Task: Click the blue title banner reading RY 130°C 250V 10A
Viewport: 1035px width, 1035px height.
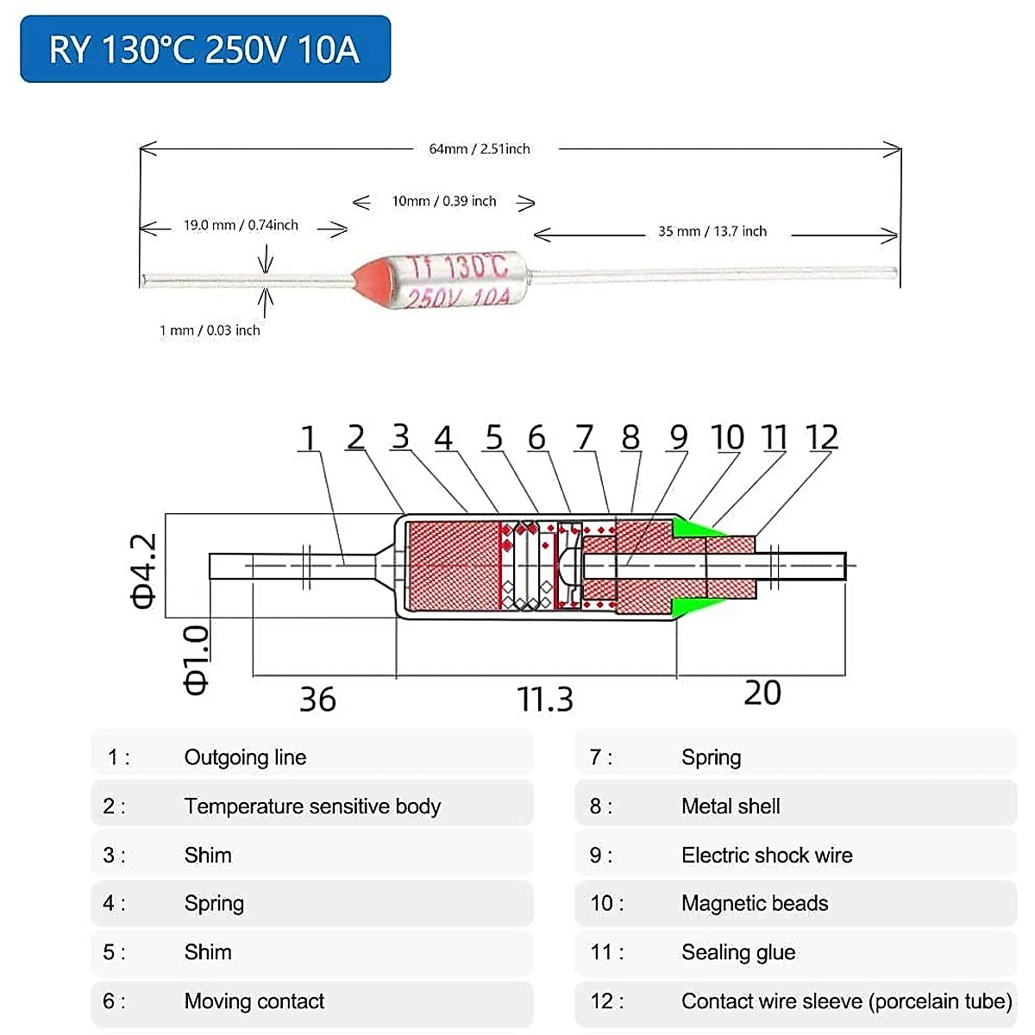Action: click(205, 49)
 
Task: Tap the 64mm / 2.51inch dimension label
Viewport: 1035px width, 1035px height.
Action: click(480, 149)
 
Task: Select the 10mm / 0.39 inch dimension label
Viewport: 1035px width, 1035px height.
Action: click(444, 202)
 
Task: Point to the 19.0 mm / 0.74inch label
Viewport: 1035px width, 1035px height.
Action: click(241, 226)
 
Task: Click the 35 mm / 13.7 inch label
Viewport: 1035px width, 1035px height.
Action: click(712, 232)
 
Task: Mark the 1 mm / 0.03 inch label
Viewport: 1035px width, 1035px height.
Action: click(210, 330)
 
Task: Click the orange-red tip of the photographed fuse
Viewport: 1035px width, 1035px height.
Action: click(366, 279)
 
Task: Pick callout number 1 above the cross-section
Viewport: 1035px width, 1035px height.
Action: click(308, 438)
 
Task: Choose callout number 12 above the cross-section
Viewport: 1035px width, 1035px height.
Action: click(821, 438)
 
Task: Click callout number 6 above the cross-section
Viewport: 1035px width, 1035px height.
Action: click(536, 438)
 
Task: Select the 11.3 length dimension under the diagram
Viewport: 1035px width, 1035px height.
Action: click(544, 699)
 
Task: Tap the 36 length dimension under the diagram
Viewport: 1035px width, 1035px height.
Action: click(317, 699)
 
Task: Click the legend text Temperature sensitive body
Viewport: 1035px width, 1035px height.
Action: click(312, 806)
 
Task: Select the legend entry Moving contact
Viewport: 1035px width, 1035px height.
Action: click(254, 1001)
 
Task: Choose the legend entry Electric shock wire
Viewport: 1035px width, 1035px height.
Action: click(767, 856)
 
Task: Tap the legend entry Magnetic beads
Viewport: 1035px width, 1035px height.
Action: click(755, 904)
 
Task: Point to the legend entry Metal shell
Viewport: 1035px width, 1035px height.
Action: click(731, 806)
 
